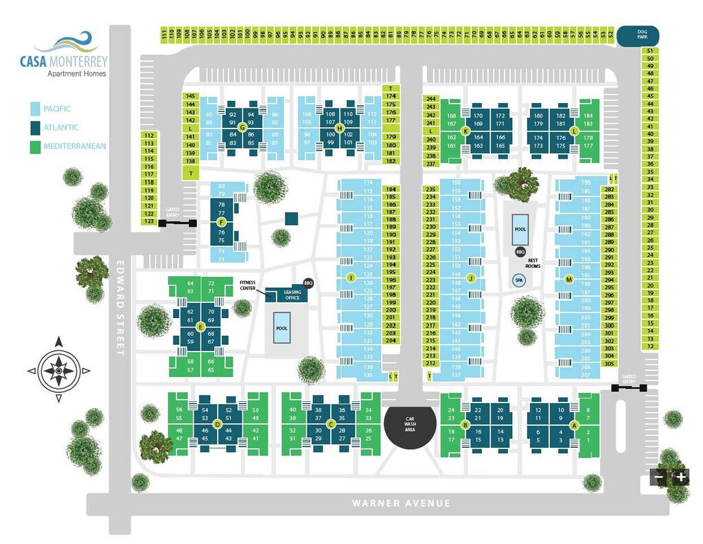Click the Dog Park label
[x=637, y=36]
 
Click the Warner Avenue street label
[x=402, y=503]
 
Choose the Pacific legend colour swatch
[x=34, y=109]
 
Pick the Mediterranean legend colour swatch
[x=34, y=146]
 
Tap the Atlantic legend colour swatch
[x=34, y=127]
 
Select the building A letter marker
[x=575, y=424]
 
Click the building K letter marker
[x=466, y=131]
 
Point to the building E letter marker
[x=200, y=327]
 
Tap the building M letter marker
[x=568, y=279]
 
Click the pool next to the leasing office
[x=282, y=328]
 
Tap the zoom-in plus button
[x=681, y=477]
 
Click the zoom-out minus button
[x=659, y=477]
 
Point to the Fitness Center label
[x=248, y=285]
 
